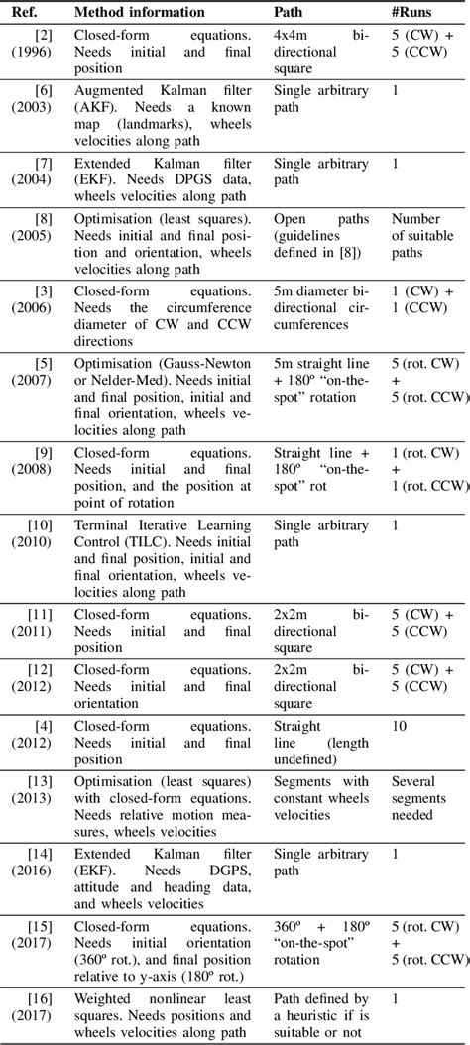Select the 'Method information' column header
pyautogui.click(x=139, y=12)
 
